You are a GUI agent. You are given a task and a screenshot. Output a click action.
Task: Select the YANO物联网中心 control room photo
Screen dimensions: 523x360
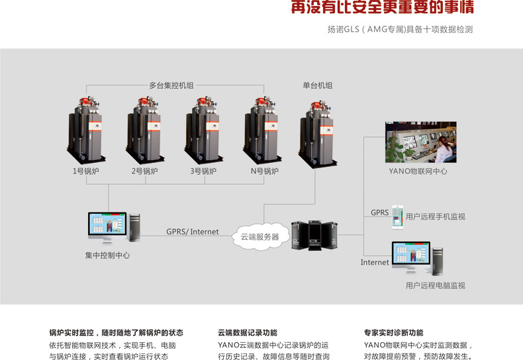point(418,142)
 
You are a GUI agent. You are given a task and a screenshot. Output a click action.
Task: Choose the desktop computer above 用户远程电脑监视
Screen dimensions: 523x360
point(417,259)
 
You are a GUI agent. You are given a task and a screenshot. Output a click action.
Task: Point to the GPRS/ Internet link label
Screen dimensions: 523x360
point(192,232)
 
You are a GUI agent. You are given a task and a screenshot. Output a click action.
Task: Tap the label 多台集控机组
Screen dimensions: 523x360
point(171,85)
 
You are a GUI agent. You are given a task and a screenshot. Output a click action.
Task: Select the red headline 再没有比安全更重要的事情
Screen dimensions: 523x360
point(383,9)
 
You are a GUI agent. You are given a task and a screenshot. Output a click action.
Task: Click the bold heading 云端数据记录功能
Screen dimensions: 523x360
point(248,333)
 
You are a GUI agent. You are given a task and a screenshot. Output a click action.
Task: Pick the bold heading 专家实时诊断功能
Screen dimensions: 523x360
point(393,333)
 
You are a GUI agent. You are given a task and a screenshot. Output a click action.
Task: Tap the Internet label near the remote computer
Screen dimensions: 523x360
point(375,262)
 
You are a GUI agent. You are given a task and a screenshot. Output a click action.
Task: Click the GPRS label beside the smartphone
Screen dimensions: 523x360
point(379,212)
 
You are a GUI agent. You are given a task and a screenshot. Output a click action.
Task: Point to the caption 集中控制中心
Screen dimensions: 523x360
point(107,255)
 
